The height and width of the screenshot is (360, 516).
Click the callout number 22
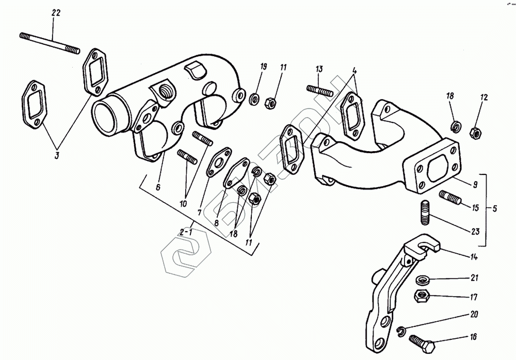point(56,13)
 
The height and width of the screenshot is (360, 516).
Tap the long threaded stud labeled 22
point(50,43)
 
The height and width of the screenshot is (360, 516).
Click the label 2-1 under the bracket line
point(186,233)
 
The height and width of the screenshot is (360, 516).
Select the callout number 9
point(475,184)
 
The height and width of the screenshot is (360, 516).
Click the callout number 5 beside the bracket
point(494,209)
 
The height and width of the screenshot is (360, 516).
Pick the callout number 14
point(474,257)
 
